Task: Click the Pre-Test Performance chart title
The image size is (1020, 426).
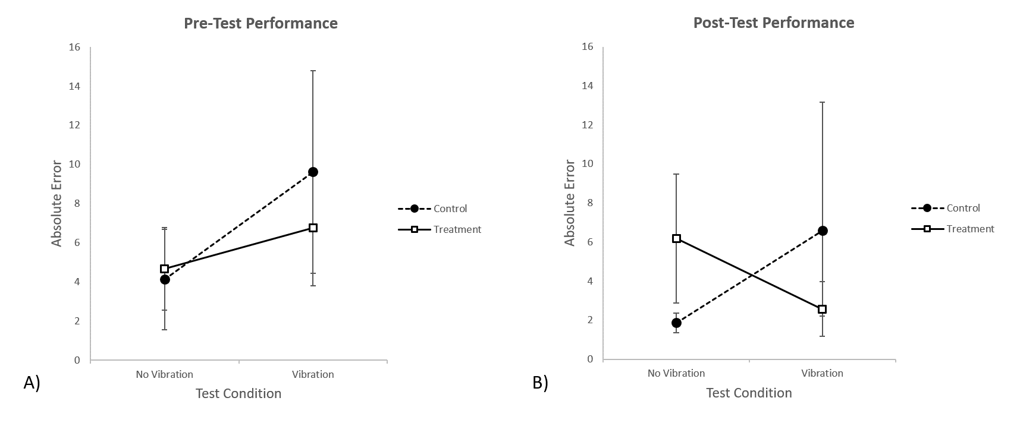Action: (261, 23)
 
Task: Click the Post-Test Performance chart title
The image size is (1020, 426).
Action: (773, 23)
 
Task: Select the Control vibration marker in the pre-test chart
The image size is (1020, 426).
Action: (313, 172)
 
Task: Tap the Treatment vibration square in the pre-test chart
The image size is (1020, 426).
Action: (313, 228)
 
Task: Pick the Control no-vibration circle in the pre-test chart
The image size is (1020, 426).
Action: (165, 279)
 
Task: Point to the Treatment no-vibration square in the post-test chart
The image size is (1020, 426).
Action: (676, 238)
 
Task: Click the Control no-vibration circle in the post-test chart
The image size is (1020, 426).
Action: (676, 323)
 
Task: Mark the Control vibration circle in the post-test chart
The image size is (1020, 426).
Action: (823, 231)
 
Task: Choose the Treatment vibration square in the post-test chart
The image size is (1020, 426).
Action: (823, 309)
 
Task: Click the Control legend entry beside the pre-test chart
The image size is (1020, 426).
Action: (450, 209)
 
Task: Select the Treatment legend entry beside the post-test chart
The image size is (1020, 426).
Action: (970, 229)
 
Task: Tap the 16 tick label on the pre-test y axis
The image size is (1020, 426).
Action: (74, 47)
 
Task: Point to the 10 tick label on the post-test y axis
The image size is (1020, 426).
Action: (588, 164)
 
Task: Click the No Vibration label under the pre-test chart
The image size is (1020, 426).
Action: (165, 374)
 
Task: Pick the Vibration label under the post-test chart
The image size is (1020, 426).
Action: (823, 373)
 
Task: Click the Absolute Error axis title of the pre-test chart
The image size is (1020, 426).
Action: (57, 203)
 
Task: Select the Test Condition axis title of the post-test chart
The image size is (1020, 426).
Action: (749, 393)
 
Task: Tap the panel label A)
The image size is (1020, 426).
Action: (32, 383)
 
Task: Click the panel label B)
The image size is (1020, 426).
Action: (540, 383)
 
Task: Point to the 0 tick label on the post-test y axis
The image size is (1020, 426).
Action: (591, 359)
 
